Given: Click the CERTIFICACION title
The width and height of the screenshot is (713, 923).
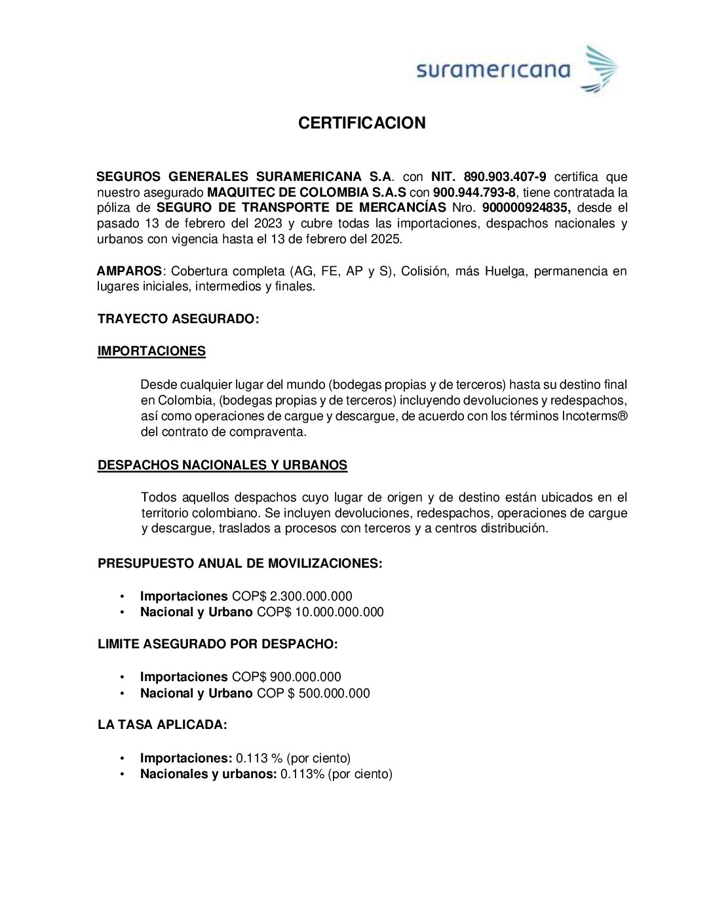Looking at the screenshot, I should click(362, 123).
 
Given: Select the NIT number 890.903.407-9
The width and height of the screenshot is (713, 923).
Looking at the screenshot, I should click(505, 177).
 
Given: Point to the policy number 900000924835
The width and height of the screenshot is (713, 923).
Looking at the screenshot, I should click(526, 208).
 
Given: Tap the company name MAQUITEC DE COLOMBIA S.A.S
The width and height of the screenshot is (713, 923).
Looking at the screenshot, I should click(307, 193).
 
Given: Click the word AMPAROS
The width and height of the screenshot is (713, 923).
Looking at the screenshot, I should click(129, 271).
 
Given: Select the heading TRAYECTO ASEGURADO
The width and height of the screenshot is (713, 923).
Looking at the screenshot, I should click(178, 319).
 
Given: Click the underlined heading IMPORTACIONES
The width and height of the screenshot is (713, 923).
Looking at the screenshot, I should click(151, 351).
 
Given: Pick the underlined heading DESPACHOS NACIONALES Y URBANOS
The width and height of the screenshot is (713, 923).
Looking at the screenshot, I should click(222, 465).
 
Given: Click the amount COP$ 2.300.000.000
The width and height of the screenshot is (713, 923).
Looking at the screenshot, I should click(292, 597).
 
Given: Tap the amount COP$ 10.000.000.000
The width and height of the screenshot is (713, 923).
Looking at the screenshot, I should click(320, 612).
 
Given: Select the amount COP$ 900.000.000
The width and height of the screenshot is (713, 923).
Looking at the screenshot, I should click(286, 677).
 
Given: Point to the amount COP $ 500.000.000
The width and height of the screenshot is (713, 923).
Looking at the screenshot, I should click(313, 694).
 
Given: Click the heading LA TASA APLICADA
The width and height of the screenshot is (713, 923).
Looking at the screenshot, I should click(162, 725).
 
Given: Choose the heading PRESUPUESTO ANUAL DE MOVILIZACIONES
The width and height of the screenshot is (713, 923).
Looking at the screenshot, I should click(240, 564).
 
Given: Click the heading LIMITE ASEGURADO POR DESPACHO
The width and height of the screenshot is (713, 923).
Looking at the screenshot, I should click(218, 644).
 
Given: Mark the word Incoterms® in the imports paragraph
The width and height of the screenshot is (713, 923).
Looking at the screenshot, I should click(594, 416).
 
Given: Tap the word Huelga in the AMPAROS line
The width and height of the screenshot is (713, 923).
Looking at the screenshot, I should click(505, 271).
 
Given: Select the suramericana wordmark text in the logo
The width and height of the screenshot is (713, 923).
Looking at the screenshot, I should click(493, 70).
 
